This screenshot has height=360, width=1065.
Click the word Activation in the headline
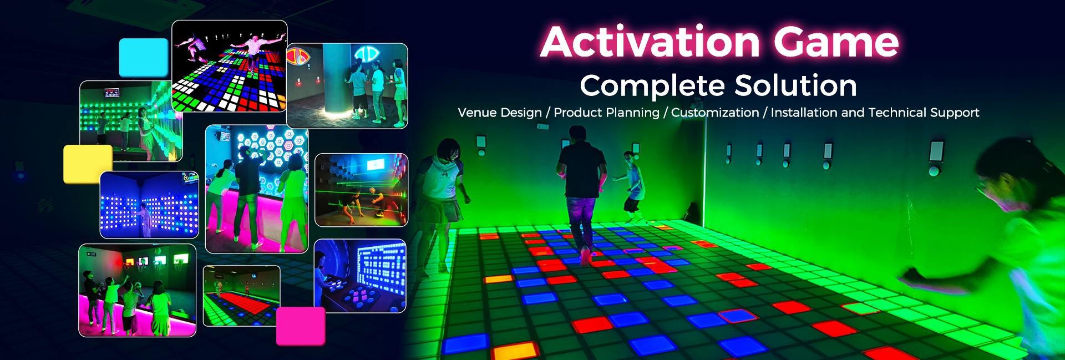coord(650,42)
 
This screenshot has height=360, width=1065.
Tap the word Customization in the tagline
coord(715,113)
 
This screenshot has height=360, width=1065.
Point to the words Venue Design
coord(500,113)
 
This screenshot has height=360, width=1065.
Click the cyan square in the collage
coord(144,57)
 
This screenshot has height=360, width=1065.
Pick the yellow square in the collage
coord(88,164)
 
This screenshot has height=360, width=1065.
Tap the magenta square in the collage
coord(301,326)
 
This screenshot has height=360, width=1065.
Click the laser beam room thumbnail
coord(361,190)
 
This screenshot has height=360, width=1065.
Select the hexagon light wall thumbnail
coord(257,189)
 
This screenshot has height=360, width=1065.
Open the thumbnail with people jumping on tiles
coord(230,66)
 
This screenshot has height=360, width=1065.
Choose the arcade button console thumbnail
coord(360,276)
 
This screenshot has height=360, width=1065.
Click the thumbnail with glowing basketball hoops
coord(138,290)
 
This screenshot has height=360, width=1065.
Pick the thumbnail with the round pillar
coord(347,86)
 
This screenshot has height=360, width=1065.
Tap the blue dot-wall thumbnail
coord(149,205)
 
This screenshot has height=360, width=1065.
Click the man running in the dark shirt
coord(579,191)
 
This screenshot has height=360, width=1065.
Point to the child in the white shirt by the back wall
coord(631,182)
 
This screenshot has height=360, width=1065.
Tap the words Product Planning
coord(607,113)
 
